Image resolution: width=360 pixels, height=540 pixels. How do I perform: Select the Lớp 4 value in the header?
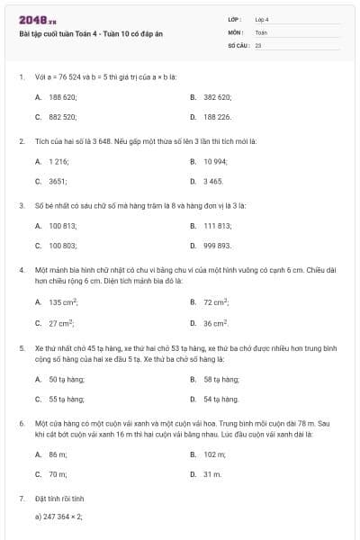click(x=262, y=19)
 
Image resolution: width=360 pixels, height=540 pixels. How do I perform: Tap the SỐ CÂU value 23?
click(x=258, y=44)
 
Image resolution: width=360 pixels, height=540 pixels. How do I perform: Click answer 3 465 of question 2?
click(x=213, y=181)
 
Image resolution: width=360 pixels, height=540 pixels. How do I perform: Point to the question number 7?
click(x=21, y=497)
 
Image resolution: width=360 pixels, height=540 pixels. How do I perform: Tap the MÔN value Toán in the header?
click(x=261, y=31)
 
